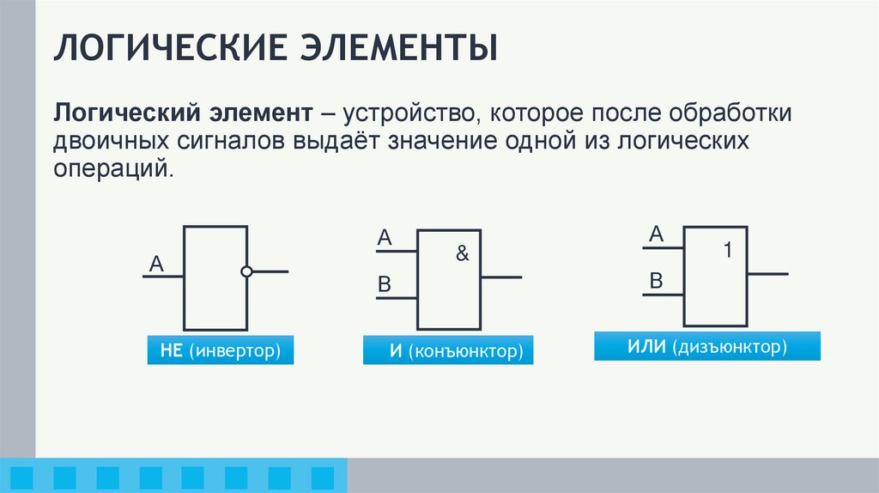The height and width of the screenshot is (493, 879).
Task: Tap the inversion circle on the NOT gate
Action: point(247,272)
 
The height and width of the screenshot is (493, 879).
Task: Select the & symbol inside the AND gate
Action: point(463,254)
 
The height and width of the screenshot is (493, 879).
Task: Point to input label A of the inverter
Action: point(156,264)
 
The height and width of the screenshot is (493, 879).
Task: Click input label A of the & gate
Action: point(385,238)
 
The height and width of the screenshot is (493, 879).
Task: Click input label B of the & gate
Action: point(385,284)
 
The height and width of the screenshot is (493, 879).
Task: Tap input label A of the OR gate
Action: point(657,234)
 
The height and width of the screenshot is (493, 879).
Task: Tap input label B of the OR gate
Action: point(657,280)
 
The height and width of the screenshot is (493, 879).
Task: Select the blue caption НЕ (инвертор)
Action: point(221,350)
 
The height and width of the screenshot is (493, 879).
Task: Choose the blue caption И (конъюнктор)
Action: point(448,351)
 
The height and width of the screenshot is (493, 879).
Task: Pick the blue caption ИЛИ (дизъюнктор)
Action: point(707,347)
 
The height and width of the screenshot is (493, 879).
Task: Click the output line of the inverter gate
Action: point(270,272)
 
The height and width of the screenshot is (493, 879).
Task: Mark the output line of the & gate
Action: point(501,277)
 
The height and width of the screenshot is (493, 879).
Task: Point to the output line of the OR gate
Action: point(767,274)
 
